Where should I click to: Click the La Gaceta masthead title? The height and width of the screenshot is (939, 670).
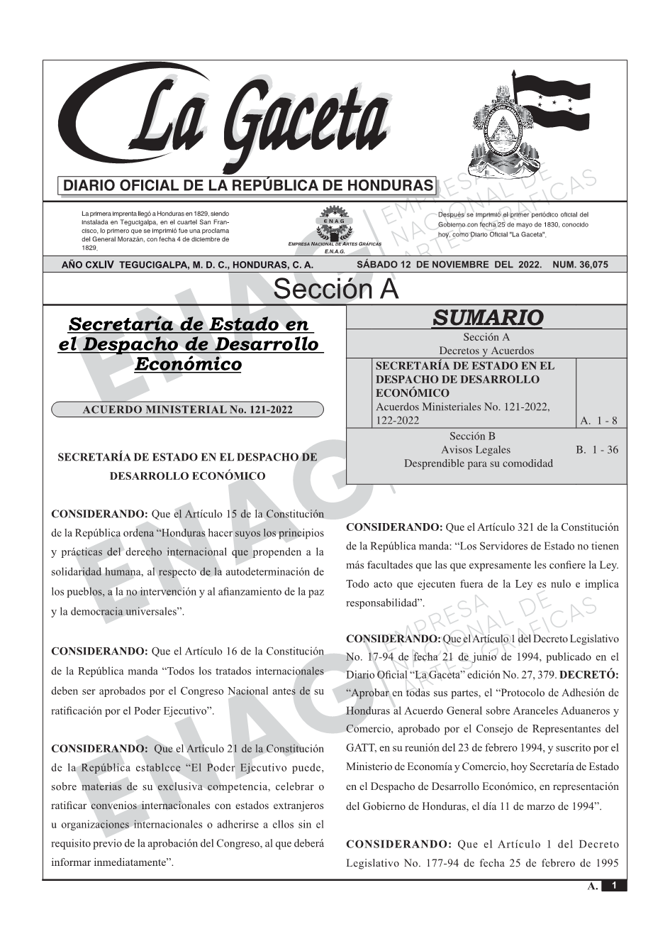point(234,121)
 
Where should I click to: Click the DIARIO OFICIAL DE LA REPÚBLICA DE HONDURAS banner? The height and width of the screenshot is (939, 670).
point(248,186)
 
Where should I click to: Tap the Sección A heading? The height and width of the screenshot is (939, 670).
point(335,289)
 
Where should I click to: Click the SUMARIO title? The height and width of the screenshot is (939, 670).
point(487,317)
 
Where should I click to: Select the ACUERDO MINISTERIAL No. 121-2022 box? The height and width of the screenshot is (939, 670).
point(187,410)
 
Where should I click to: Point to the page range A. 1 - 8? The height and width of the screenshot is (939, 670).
point(598,421)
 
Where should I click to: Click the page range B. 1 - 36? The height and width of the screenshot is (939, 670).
point(597,449)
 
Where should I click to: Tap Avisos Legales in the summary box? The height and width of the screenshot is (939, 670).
point(475,449)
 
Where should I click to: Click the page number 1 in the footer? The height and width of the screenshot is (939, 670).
point(615,886)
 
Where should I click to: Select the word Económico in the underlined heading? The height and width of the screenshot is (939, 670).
point(188,364)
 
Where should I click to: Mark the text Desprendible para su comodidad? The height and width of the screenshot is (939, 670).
point(478,463)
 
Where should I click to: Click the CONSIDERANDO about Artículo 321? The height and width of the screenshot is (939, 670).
point(393,527)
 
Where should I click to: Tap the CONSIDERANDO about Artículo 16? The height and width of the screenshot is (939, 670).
point(99,651)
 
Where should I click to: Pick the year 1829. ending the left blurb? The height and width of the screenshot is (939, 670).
point(89,248)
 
